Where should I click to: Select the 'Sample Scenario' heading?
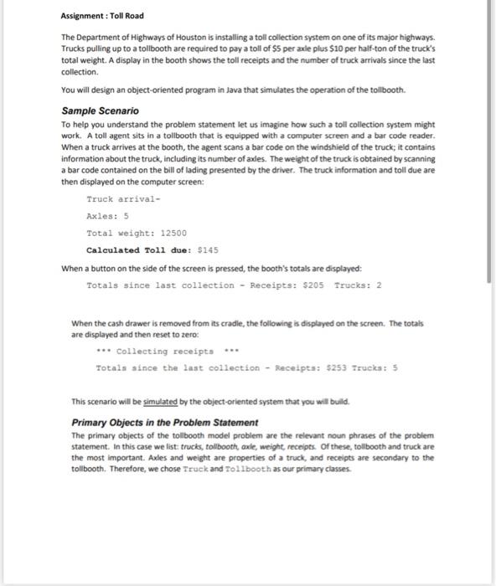pyautogui.click(x=101, y=111)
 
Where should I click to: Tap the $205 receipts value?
pyautogui.click(x=313, y=285)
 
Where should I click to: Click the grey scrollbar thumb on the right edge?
pyautogui.click(x=490, y=142)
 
